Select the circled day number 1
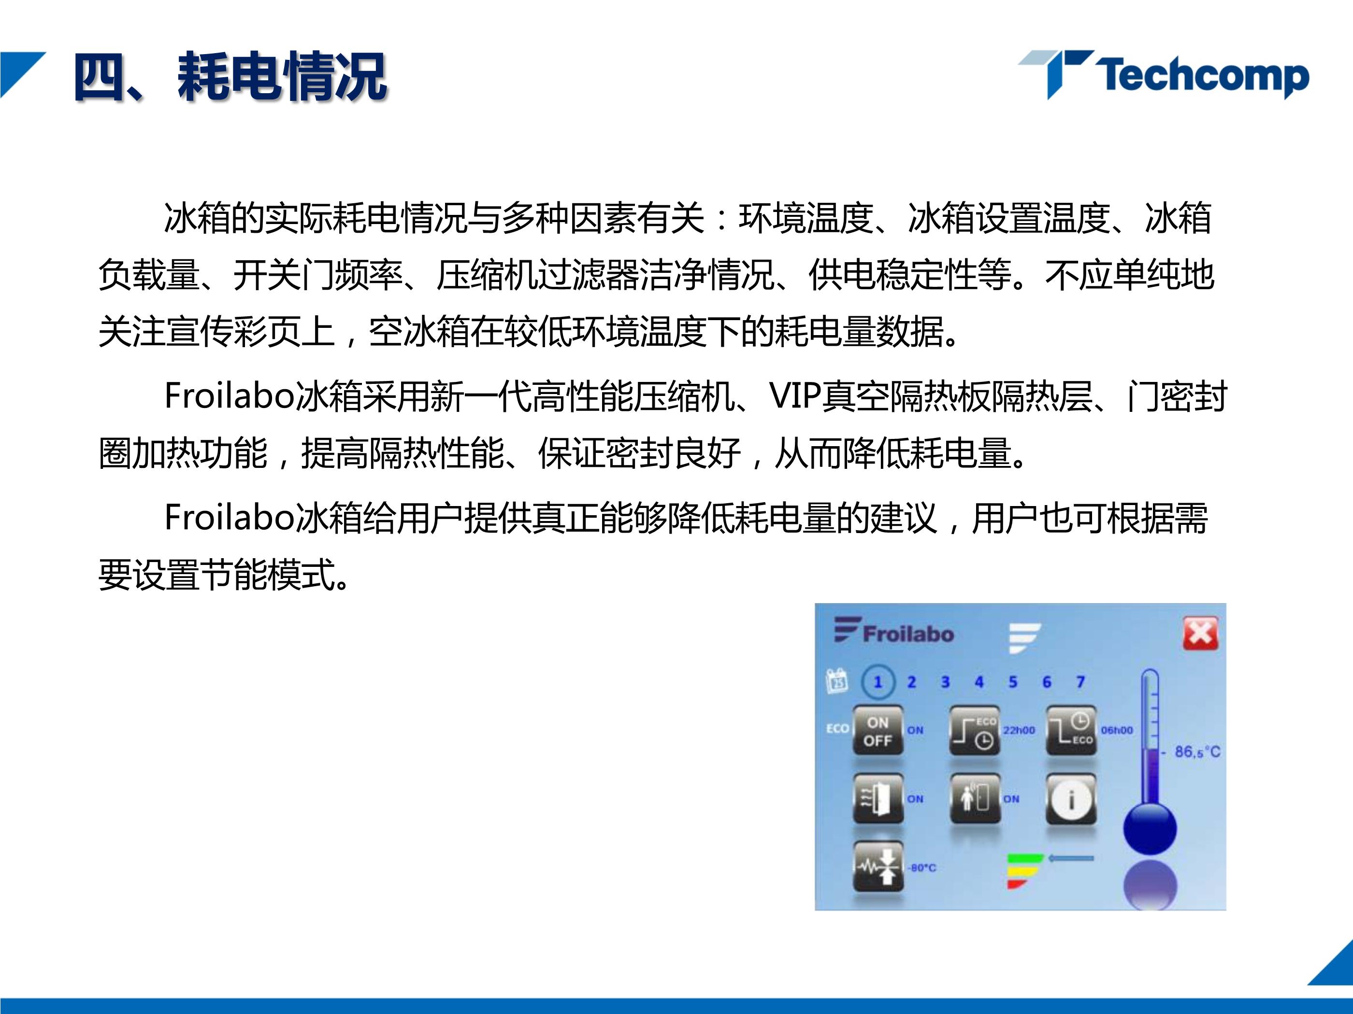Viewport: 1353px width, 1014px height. (878, 682)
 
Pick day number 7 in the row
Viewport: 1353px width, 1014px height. (1081, 682)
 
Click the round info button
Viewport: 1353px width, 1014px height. (1071, 800)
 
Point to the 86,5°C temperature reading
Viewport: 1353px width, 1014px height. (1197, 752)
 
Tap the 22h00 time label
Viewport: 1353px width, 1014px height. (1019, 731)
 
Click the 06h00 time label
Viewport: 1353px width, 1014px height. (1117, 731)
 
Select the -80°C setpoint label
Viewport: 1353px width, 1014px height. (922, 868)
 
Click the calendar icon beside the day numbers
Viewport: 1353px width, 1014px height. (837, 681)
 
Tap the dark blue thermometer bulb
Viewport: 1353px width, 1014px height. (1150, 829)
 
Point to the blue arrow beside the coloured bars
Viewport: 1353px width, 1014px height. (1070, 859)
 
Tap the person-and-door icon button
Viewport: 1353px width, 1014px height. (975, 798)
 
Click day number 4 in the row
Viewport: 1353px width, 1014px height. (979, 682)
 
